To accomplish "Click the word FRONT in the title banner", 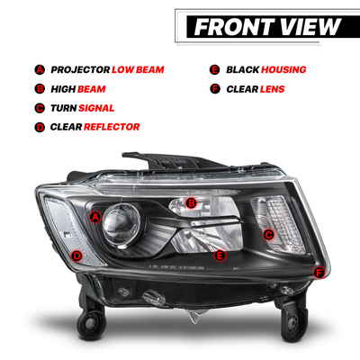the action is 234,27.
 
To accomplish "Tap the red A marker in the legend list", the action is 40,70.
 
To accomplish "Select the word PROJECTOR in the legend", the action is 80,70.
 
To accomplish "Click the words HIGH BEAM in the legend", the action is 78,89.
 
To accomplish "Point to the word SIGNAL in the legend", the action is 96,108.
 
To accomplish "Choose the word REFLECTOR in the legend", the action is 112,127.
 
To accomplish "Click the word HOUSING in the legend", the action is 283,70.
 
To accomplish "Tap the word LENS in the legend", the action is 272,89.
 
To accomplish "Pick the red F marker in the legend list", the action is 215,89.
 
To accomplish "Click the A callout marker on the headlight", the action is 95,217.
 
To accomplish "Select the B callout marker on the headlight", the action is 191,203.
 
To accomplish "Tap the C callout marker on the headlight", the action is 268,235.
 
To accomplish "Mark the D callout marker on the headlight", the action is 77,256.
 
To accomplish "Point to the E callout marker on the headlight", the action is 220,256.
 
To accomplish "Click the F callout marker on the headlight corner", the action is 319,273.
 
